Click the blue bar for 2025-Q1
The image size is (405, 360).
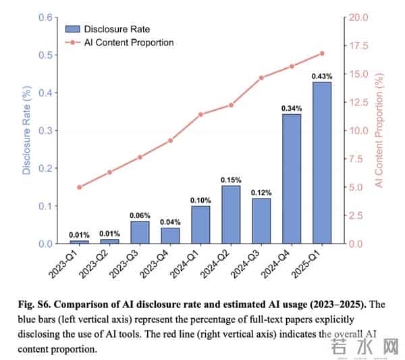322,162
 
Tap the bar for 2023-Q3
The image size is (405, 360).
140,232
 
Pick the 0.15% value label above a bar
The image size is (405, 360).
231,180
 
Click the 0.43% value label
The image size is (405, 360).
322,76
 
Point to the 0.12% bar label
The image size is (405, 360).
261,192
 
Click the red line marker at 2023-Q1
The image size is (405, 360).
80,187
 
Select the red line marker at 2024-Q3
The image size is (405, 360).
261,78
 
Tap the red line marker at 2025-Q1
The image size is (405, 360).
322,53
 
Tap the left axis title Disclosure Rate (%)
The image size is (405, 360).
27,129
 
